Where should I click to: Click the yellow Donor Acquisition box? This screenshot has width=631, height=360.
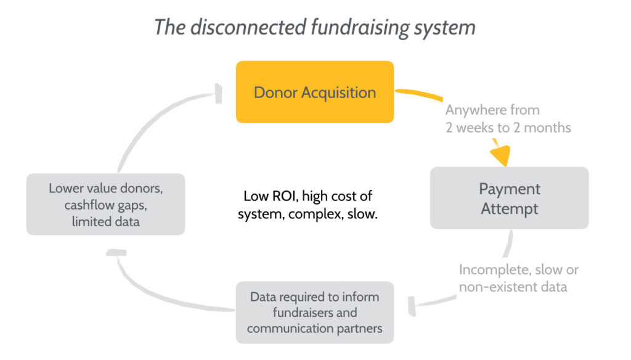pos(315,92)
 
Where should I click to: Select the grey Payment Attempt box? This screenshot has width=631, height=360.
pos(509,198)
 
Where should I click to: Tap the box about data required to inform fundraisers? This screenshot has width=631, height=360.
pos(315,313)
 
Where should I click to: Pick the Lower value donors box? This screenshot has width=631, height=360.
pos(106,205)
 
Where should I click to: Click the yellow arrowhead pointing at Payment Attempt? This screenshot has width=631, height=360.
pos(501,154)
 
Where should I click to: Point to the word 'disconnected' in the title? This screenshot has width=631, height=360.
pos(248,27)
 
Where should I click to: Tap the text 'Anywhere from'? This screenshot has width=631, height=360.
pos(492,110)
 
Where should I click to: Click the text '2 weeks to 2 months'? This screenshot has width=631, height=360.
pos(508,128)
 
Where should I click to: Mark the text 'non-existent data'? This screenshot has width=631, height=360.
pos(513,287)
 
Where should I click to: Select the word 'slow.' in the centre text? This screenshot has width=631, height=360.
pos(362,214)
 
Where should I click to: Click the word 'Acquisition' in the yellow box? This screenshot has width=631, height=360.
pos(339,93)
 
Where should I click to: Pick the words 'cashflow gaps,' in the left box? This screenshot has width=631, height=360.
pos(106,205)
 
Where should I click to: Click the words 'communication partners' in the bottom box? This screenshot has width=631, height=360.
pos(315,329)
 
